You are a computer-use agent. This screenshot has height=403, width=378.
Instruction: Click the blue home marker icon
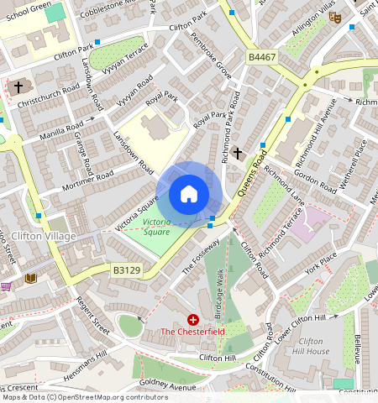point(189,195)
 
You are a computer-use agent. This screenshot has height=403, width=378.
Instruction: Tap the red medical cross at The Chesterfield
point(193,320)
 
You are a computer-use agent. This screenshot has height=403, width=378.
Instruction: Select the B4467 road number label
point(263,57)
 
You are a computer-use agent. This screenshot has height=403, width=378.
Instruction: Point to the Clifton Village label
point(44,236)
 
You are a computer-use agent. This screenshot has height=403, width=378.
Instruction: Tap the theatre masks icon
point(334,17)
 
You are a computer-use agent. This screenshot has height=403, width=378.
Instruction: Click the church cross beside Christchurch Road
point(18,86)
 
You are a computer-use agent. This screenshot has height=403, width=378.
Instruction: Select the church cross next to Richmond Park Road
point(238,153)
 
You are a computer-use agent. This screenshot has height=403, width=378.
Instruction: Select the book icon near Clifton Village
point(32,277)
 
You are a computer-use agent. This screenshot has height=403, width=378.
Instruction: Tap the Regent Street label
point(92,311)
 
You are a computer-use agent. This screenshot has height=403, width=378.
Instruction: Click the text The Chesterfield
point(193,332)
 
